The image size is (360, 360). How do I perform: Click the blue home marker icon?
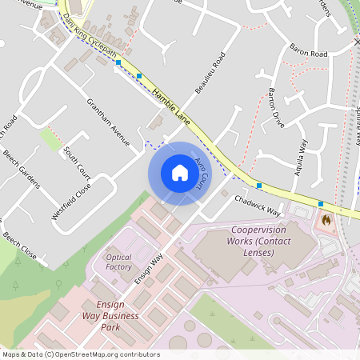(180, 173)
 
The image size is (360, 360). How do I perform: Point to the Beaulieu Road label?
(210, 72)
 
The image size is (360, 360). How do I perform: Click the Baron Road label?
(309, 54)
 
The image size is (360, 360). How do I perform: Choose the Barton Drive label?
(277, 106)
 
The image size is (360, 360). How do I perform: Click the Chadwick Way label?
(258, 206)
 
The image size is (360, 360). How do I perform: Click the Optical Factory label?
(118, 262)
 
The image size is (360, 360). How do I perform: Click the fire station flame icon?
(326, 218)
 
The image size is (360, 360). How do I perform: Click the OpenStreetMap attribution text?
(80, 354)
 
